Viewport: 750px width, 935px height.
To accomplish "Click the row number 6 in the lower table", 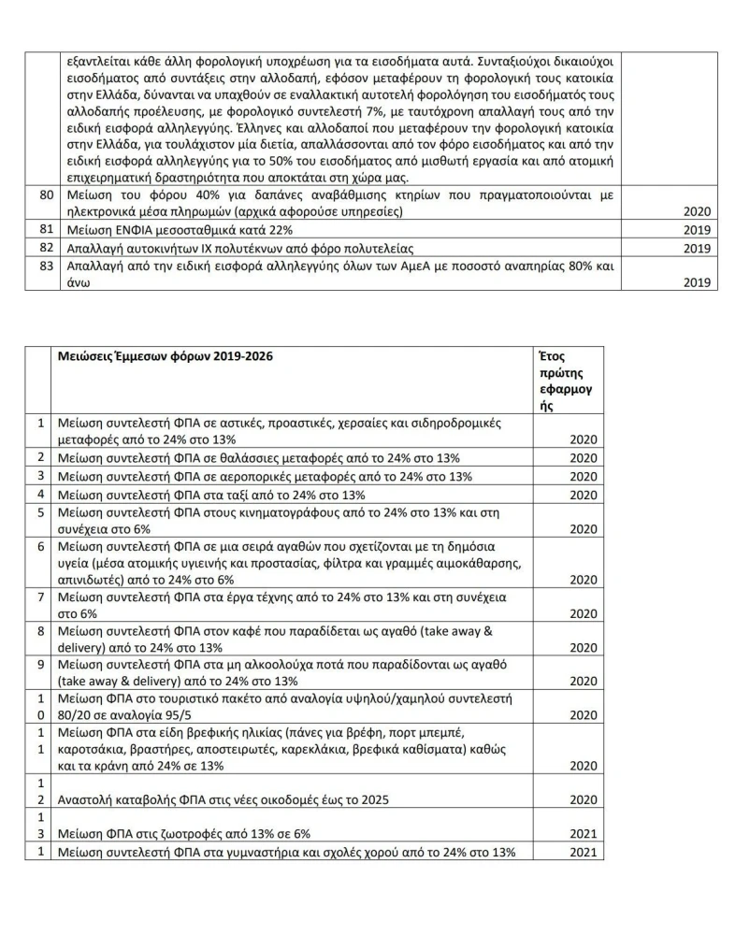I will pos(41,546).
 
